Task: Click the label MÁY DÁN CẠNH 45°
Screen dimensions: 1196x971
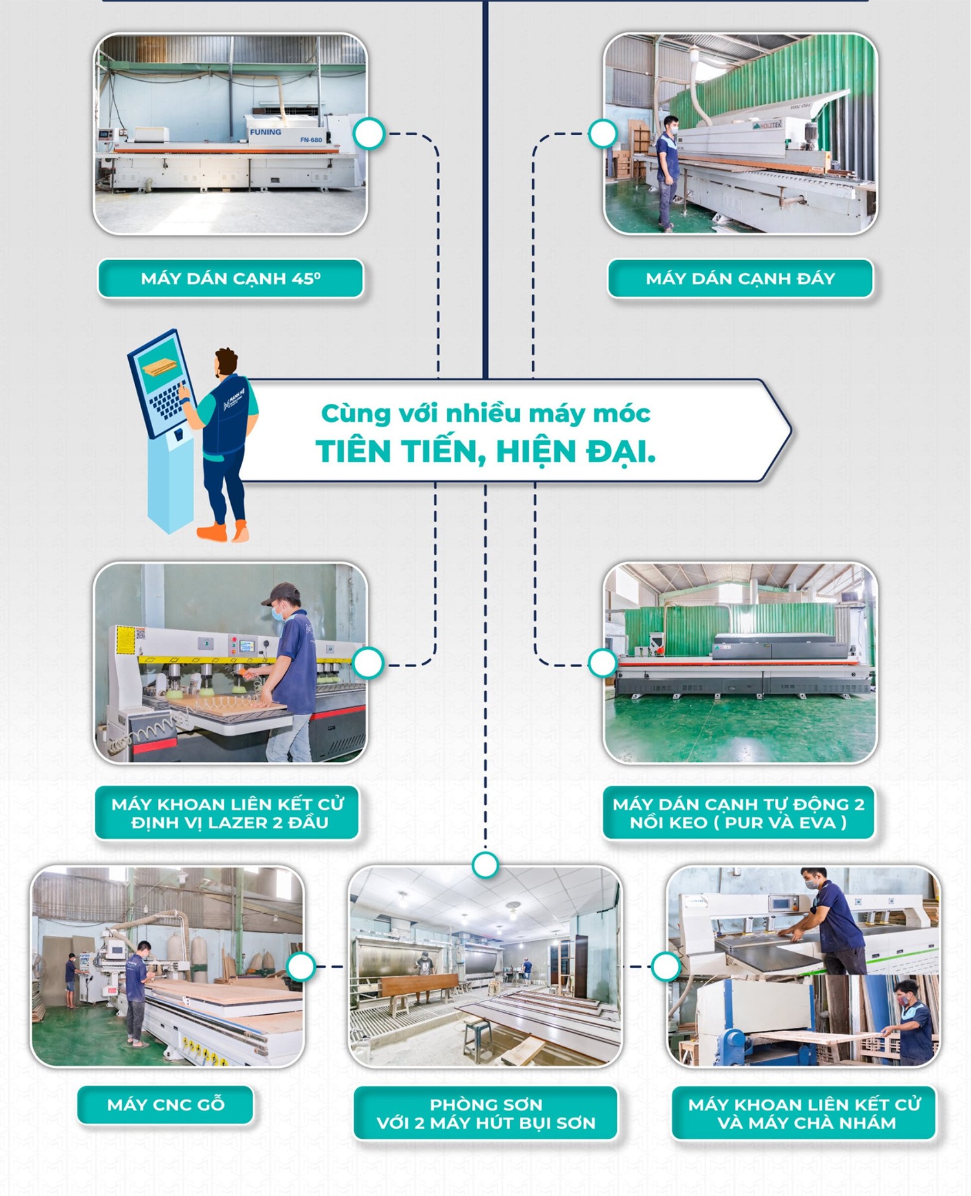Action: tap(230, 279)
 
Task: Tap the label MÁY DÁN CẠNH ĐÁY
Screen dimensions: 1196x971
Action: tap(740, 279)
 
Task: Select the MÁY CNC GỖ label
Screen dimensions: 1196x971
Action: tap(166, 1105)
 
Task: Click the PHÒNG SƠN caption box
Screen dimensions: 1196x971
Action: tap(485, 1113)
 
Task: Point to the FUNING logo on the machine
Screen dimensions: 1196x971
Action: tap(265, 132)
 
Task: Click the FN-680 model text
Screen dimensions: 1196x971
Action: tap(311, 140)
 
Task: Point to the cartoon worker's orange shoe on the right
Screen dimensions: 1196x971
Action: tap(240, 532)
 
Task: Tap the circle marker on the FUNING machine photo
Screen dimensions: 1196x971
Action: tap(369, 134)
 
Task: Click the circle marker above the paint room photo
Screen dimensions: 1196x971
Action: tap(485, 865)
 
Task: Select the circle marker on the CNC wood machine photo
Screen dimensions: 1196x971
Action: tap(300, 966)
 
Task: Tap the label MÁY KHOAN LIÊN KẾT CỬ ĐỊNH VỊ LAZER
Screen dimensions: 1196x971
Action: tap(227, 813)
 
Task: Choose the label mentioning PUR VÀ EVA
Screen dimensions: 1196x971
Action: tap(739, 813)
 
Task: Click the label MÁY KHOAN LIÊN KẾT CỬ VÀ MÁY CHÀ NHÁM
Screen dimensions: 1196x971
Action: tap(804, 1113)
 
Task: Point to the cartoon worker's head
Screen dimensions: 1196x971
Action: tap(226, 362)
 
